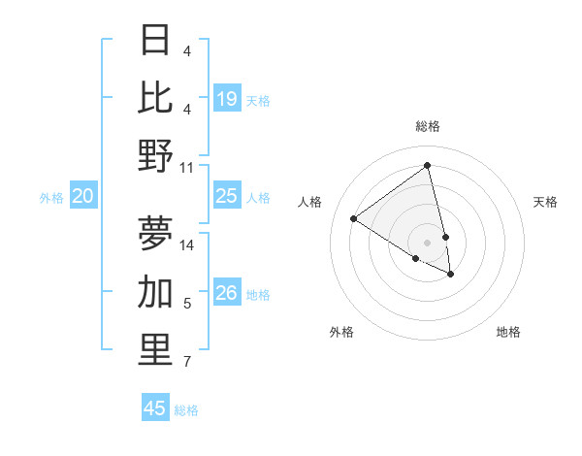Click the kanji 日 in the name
[x=156, y=41]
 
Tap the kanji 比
[x=156, y=97]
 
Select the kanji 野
[x=156, y=155]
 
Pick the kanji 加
[x=156, y=291]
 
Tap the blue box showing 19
[x=227, y=98]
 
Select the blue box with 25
[x=227, y=196]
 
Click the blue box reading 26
[x=227, y=293]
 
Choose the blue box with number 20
[x=83, y=196]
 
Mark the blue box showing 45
[x=155, y=408]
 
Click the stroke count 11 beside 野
[x=188, y=167]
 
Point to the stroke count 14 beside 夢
[x=188, y=244]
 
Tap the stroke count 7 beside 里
[x=187, y=363]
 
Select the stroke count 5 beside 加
[x=187, y=305]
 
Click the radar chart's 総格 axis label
[x=428, y=126]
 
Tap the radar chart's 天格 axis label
[x=545, y=202]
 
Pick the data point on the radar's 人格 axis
[x=354, y=218]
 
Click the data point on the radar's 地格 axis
[x=451, y=275]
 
